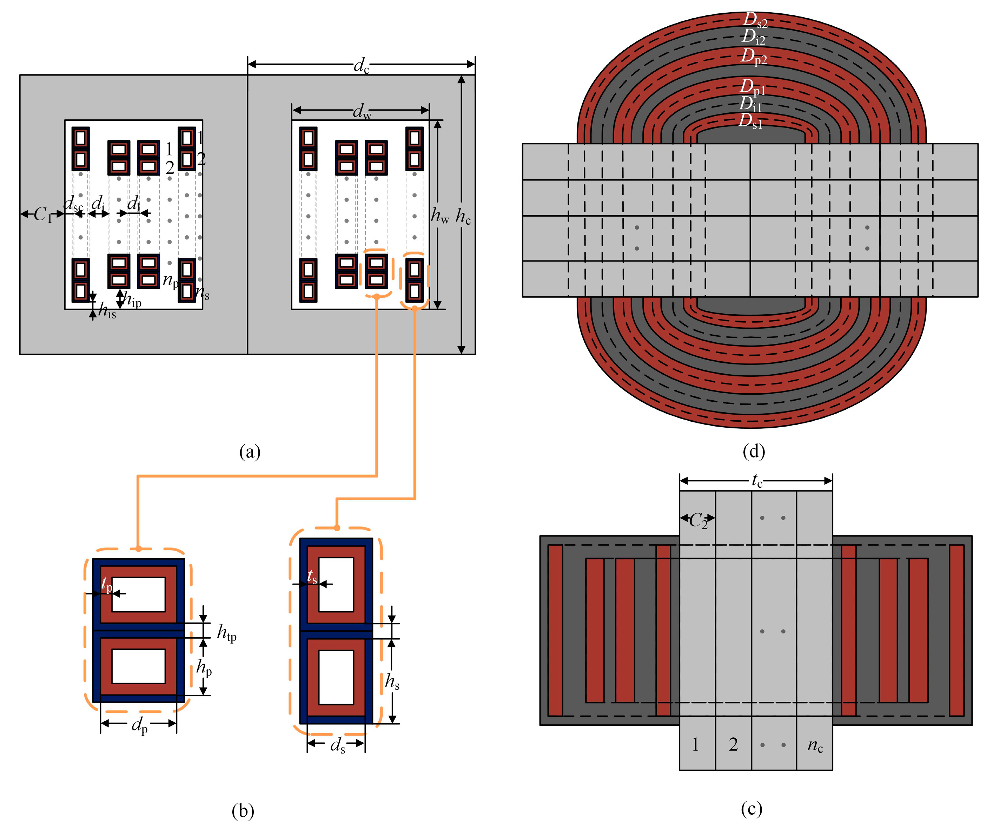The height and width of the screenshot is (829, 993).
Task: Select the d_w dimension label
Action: [362, 112]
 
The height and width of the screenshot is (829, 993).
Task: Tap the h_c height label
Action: [463, 217]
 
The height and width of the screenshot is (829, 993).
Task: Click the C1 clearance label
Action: [42, 215]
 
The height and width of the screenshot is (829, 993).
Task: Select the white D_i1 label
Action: [750, 104]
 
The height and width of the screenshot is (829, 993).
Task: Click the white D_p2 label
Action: [753, 56]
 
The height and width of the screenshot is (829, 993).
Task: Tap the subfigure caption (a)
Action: [250, 452]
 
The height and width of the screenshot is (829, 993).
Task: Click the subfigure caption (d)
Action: [754, 451]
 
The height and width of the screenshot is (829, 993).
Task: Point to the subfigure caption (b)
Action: [243, 810]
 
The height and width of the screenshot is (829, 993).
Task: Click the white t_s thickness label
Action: [312, 577]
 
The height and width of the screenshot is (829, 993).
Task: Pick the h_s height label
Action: [392, 682]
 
